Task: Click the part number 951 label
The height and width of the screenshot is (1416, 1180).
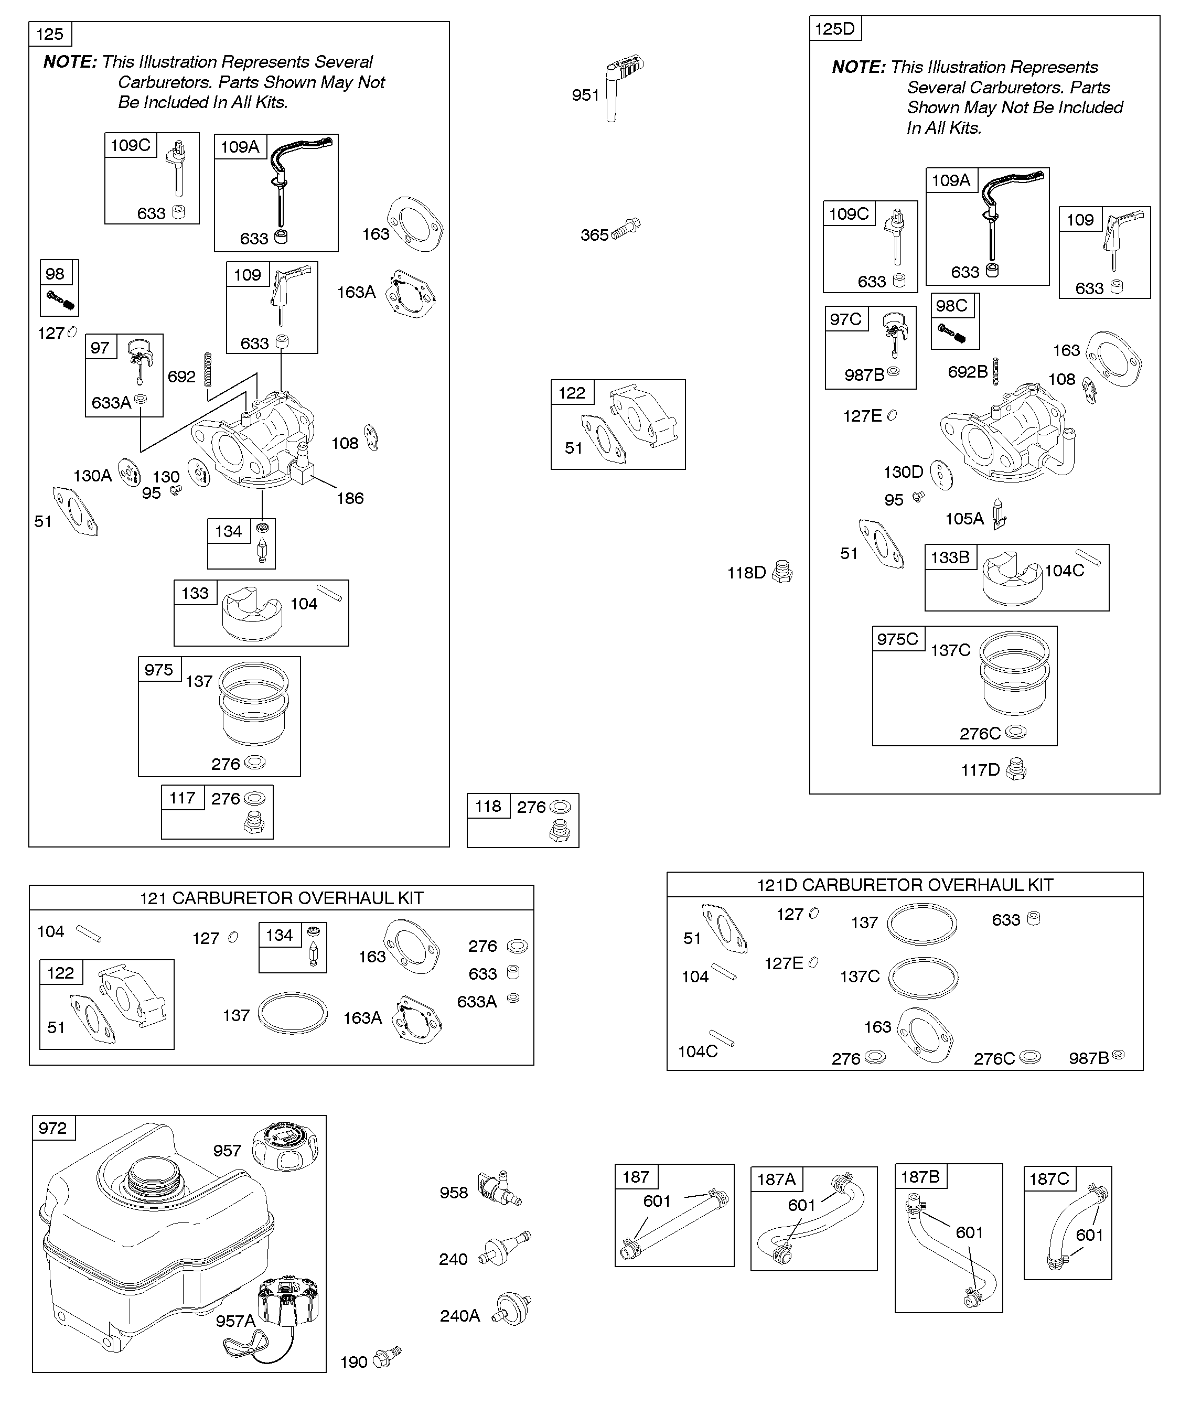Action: click(x=585, y=95)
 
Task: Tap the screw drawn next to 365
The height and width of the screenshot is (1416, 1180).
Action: click(x=626, y=229)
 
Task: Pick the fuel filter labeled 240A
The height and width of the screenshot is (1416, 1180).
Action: click(x=512, y=1310)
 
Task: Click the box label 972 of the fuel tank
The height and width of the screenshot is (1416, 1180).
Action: click(x=52, y=1128)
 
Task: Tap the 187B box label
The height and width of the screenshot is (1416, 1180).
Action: click(x=920, y=1177)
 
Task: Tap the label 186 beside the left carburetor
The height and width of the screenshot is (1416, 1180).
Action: click(x=350, y=498)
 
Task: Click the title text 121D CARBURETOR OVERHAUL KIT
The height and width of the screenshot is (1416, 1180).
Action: click(x=905, y=885)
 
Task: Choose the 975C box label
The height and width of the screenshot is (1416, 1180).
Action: click(x=897, y=639)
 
